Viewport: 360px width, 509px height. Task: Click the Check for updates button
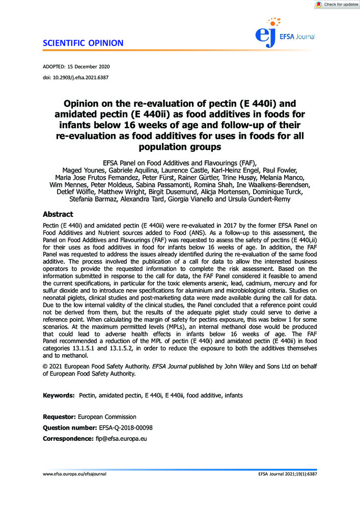tap(337, 5)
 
